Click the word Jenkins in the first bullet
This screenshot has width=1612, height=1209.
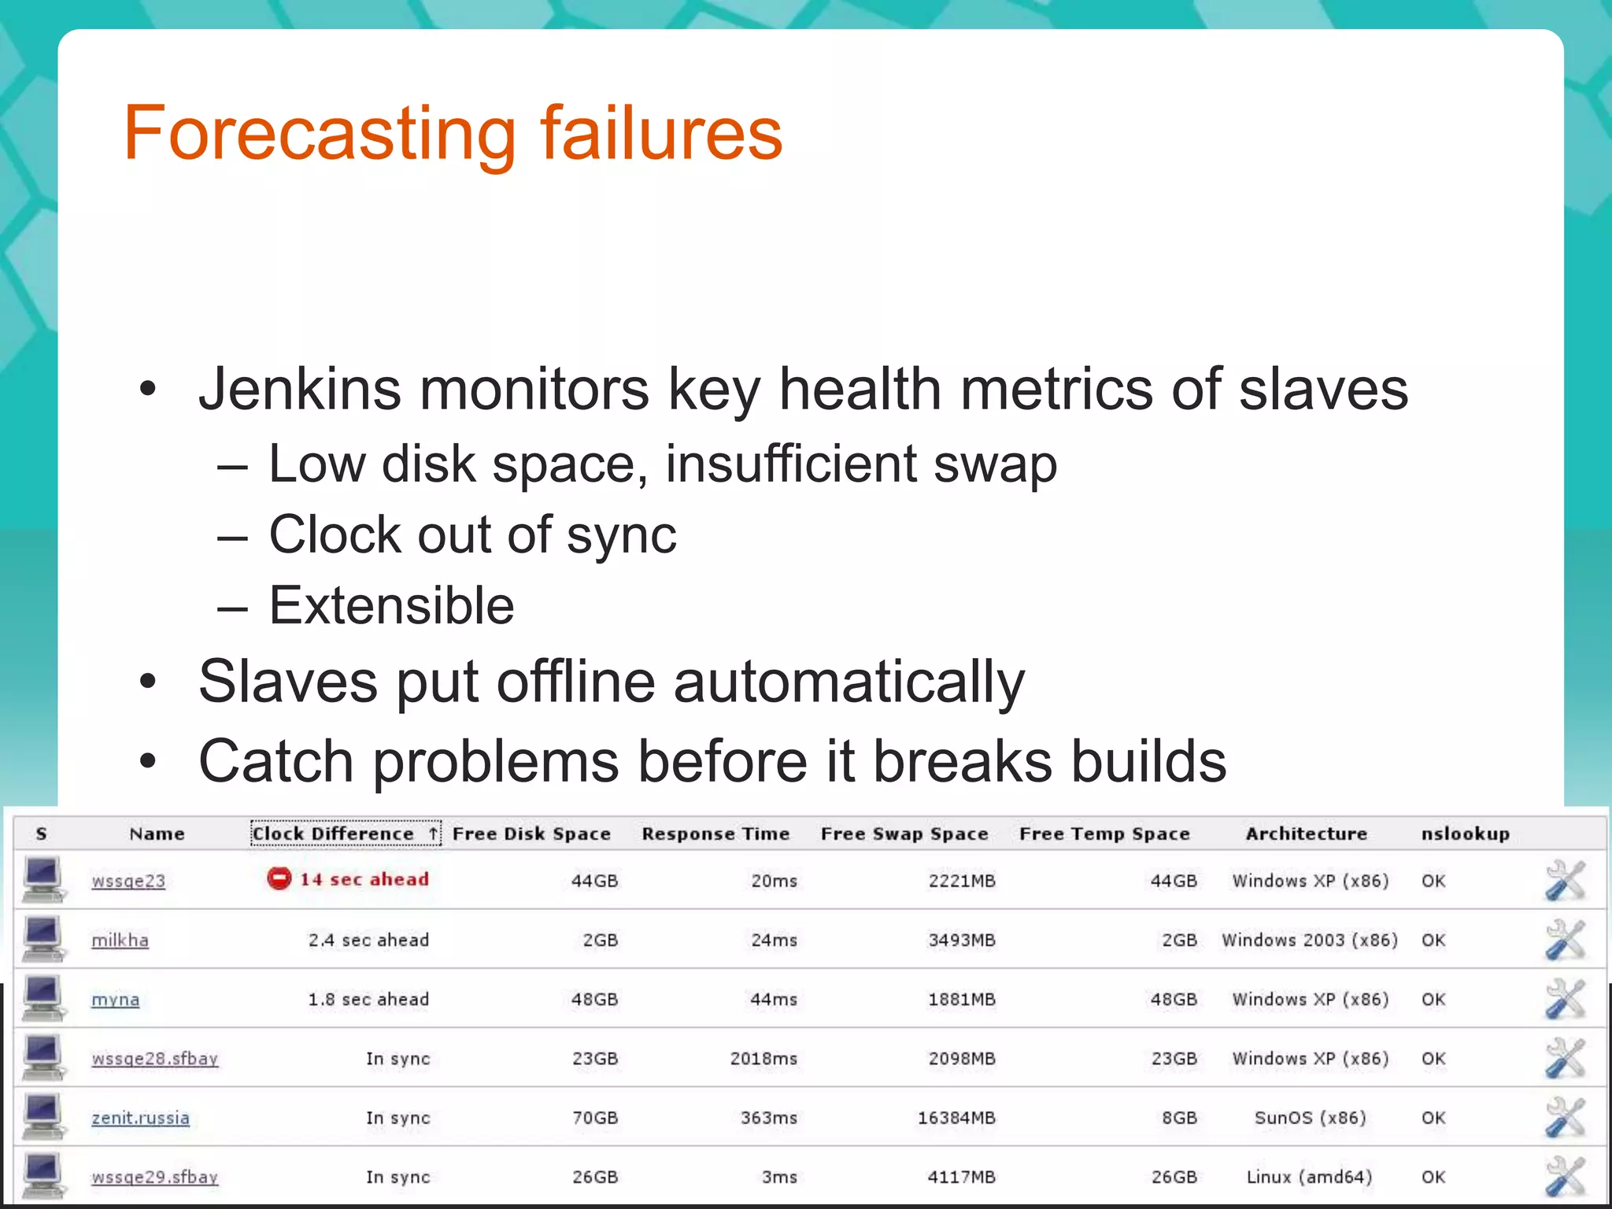[300, 390]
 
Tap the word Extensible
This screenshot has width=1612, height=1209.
[391, 605]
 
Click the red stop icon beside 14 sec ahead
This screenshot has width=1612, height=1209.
[279, 878]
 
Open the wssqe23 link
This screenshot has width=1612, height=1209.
[128, 881]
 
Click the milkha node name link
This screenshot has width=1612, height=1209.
[120, 940]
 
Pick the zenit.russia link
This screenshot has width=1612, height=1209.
[140, 1118]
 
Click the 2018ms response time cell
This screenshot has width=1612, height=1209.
[763, 1059]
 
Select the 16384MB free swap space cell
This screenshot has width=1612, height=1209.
[956, 1118]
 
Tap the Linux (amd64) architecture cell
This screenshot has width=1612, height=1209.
[1309, 1177]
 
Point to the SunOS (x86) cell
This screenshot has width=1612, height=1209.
[1310, 1118]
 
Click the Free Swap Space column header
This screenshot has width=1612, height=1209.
[904, 834]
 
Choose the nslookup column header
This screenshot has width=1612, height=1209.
[1465, 834]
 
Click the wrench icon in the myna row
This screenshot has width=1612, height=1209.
[1565, 999]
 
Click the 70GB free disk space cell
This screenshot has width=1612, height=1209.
[594, 1118]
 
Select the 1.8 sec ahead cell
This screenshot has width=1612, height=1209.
[368, 999]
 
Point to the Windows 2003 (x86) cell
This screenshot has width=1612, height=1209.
[1309, 940]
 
